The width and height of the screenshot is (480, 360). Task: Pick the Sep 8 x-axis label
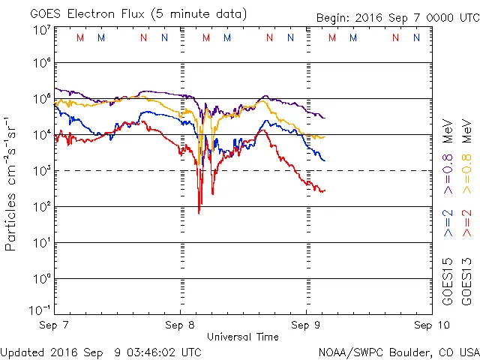180,325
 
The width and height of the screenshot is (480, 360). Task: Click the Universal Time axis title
243,337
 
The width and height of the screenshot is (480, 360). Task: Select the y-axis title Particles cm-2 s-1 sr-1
13,183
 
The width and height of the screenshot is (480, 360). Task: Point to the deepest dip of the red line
199,213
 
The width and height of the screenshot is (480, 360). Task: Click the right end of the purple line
324,118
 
